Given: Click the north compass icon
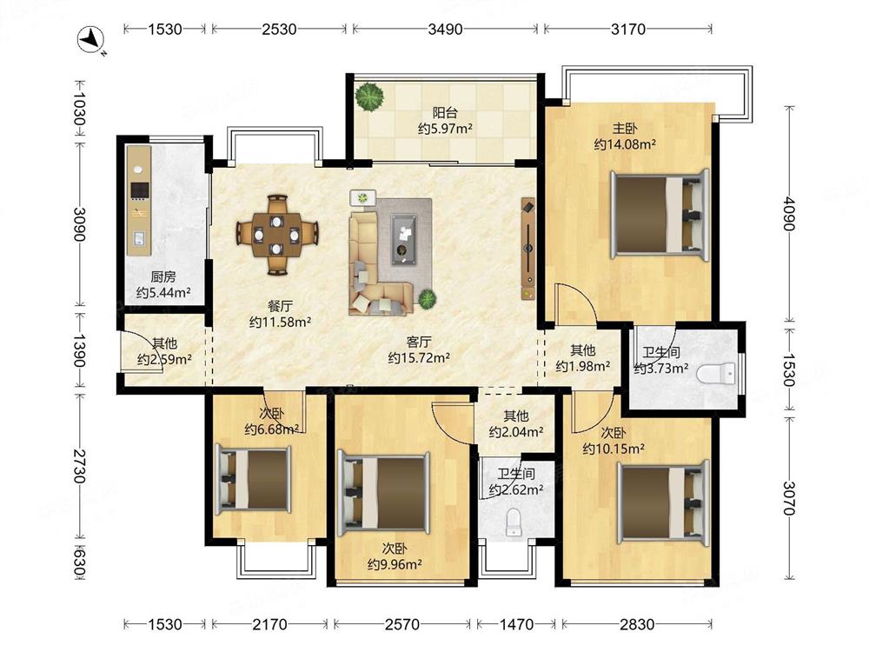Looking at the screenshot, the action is point(91,41).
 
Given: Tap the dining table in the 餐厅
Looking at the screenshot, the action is point(277,235).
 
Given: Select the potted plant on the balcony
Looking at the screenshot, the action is point(369,96).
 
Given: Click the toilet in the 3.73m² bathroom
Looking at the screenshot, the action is point(716,374).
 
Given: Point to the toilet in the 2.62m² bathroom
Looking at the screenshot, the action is point(514,522).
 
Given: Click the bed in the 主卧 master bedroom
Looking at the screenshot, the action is point(660,214).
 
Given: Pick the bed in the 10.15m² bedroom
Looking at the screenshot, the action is point(664,502).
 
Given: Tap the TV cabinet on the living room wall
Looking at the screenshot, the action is point(528,249).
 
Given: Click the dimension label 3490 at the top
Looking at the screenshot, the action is point(445,29).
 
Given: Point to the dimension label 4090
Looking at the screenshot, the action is point(789,214).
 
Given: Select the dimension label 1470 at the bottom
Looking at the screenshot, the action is point(516,624).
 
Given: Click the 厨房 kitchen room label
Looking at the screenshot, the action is point(163,276).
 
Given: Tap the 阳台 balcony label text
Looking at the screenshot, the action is point(444,113).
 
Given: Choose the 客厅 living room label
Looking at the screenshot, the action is point(419,342).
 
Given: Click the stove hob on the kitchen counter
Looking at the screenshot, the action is point(140,190).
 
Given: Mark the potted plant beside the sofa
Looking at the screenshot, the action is point(427,299).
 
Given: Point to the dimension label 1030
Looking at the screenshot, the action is point(80,110).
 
